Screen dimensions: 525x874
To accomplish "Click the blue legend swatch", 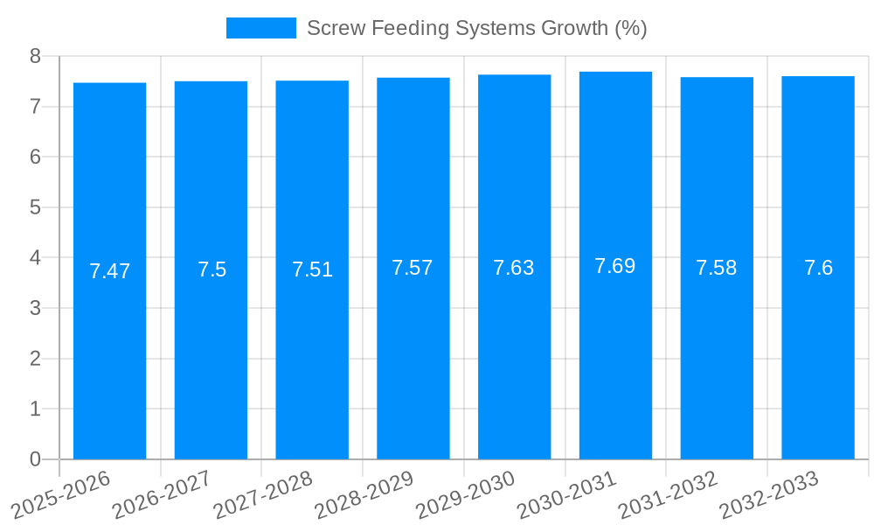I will [260, 28].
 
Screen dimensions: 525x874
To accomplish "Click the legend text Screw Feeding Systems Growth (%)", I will [476, 28].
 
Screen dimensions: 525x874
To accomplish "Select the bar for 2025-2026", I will [109, 350].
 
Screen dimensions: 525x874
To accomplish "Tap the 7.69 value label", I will [615, 266].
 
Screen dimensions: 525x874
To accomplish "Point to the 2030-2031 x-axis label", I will [567, 494].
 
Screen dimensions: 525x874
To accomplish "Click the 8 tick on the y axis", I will [35, 56].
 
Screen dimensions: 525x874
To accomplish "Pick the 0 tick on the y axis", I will [35, 459].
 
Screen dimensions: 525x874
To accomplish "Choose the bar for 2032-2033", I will [818, 350].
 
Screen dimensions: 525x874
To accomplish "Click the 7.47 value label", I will [109, 271].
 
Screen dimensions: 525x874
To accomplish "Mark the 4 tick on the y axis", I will [35, 258].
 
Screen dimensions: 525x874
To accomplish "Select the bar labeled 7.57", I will [413, 350].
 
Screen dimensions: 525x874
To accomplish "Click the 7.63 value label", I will [514, 268].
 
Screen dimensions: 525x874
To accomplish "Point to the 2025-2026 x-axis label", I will [61, 494].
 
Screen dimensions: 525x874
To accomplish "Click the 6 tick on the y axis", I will [35, 157].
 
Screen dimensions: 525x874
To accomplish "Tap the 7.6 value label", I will [818, 268].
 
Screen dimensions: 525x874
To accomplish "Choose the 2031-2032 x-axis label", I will [669, 494].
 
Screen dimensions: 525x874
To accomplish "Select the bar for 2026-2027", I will [211, 350].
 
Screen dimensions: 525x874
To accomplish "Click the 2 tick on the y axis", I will [35, 359].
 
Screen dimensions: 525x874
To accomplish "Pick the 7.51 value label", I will [312, 269].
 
